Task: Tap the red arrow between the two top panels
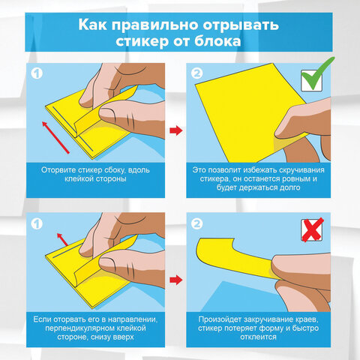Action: [175, 132]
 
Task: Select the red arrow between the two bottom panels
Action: [175, 281]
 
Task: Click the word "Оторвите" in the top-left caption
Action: [59, 169]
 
